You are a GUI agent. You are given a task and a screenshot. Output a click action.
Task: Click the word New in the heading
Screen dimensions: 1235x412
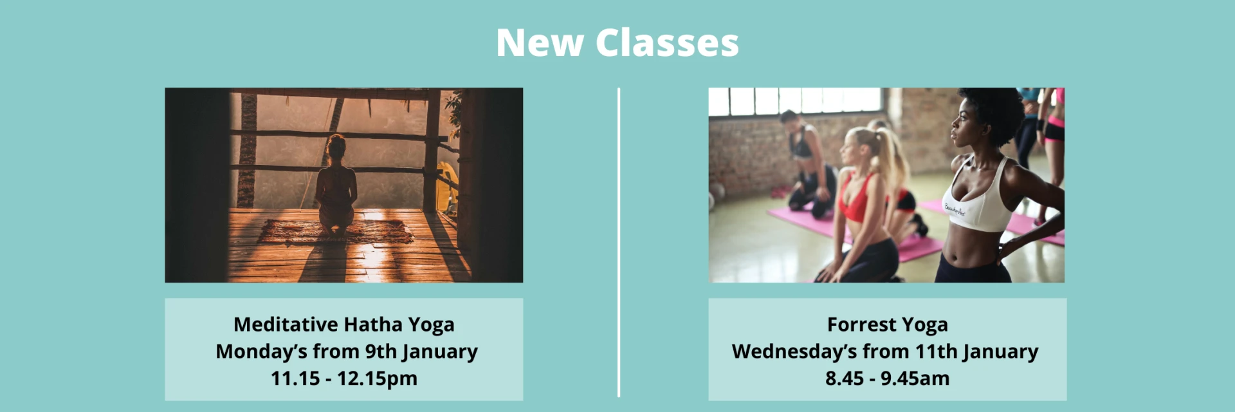click(x=540, y=43)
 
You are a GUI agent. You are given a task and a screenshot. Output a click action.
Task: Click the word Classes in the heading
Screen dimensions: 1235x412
click(x=667, y=43)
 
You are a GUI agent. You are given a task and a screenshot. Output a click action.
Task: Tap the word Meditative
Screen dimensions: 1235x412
click(x=286, y=324)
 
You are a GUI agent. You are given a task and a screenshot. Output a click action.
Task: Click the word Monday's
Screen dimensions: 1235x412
click(x=261, y=351)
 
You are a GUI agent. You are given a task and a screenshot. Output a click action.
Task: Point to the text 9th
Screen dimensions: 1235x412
click(x=381, y=351)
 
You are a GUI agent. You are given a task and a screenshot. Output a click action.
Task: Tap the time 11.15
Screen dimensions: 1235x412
click(x=295, y=379)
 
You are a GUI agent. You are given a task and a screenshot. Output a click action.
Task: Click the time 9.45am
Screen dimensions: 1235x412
click(x=915, y=379)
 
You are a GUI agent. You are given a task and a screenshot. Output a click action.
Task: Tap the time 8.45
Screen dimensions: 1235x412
click(x=845, y=379)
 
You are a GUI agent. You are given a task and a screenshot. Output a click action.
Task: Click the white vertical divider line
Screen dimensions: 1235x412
click(x=619, y=243)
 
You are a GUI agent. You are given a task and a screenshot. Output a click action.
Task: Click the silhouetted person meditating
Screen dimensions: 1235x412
click(x=336, y=187)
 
